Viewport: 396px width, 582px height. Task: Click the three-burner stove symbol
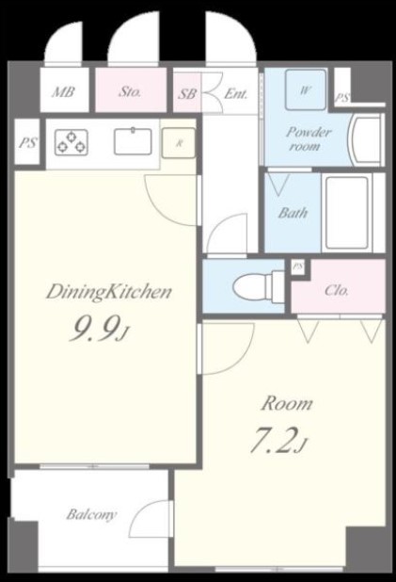(71, 142)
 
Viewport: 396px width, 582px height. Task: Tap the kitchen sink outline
(133, 141)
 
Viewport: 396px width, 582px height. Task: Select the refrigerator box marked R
(179, 143)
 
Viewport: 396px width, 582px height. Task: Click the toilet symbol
(259, 286)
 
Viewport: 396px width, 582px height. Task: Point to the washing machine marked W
(306, 89)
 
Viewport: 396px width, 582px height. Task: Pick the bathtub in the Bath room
(347, 213)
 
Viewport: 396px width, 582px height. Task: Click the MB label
(63, 91)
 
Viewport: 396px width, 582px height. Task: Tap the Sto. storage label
(130, 91)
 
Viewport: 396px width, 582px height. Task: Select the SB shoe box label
(187, 93)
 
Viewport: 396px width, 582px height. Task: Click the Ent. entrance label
(235, 93)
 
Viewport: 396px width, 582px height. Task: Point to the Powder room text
(309, 138)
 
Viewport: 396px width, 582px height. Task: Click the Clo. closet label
(337, 290)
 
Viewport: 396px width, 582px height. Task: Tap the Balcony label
(91, 515)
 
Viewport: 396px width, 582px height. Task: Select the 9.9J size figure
(99, 329)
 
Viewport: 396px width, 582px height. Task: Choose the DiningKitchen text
(109, 292)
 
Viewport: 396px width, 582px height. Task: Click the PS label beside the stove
(27, 142)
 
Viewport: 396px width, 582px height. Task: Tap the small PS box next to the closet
(298, 267)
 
